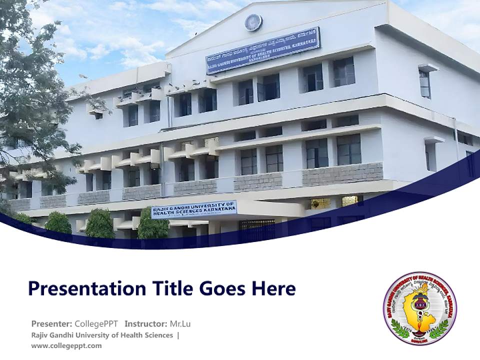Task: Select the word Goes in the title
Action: (220, 288)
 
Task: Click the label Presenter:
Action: (52, 323)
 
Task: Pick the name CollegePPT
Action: (97, 323)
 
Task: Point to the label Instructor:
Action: (146, 323)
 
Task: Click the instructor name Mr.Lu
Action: (180, 323)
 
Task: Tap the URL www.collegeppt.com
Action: (66, 345)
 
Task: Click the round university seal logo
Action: (419, 308)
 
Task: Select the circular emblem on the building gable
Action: (253, 22)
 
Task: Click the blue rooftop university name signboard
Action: (262, 50)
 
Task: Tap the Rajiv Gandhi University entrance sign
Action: (194, 209)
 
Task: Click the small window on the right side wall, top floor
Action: (424, 83)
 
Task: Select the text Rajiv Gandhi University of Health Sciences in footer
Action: (102, 335)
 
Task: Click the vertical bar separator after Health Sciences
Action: (178, 335)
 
